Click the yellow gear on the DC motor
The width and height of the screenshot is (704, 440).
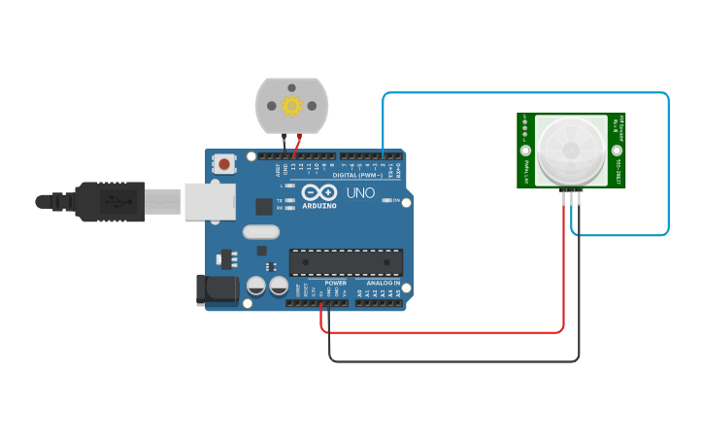point(291,104)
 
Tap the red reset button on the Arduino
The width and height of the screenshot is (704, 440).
point(225,164)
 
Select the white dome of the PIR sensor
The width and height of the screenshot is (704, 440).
point(571,151)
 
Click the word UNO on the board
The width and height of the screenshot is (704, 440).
point(360,193)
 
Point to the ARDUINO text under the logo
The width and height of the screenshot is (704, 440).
point(319,206)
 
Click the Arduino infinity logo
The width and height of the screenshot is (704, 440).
point(319,191)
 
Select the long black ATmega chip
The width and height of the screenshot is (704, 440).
point(346,262)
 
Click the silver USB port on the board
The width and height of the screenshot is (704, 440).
point(210,201)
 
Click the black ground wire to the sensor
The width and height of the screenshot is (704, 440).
point(456,361)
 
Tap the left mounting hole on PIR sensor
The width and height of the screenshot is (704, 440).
point(525,151)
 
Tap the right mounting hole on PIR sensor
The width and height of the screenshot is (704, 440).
point(617,151)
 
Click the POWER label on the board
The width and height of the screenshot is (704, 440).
point(335,283)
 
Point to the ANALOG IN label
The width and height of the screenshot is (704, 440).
point(383,283)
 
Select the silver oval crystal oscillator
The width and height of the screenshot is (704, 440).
point(261,231)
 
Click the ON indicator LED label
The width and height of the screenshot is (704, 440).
point(396,200)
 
